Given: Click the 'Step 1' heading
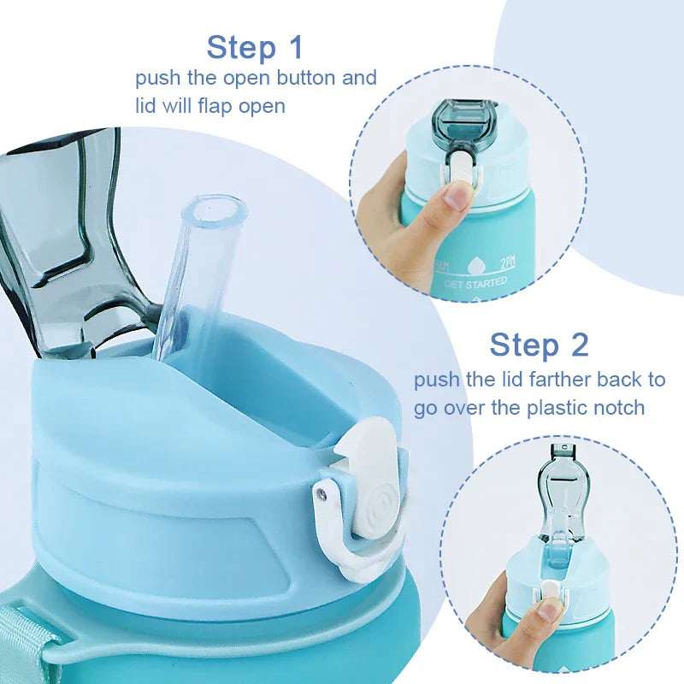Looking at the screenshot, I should click(x=255, y=47).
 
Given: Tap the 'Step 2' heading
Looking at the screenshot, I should click(x=539, y=345).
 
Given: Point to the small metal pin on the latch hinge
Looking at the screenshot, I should click(x=321, y=493).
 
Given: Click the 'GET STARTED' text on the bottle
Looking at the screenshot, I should click(x=475, y=282).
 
